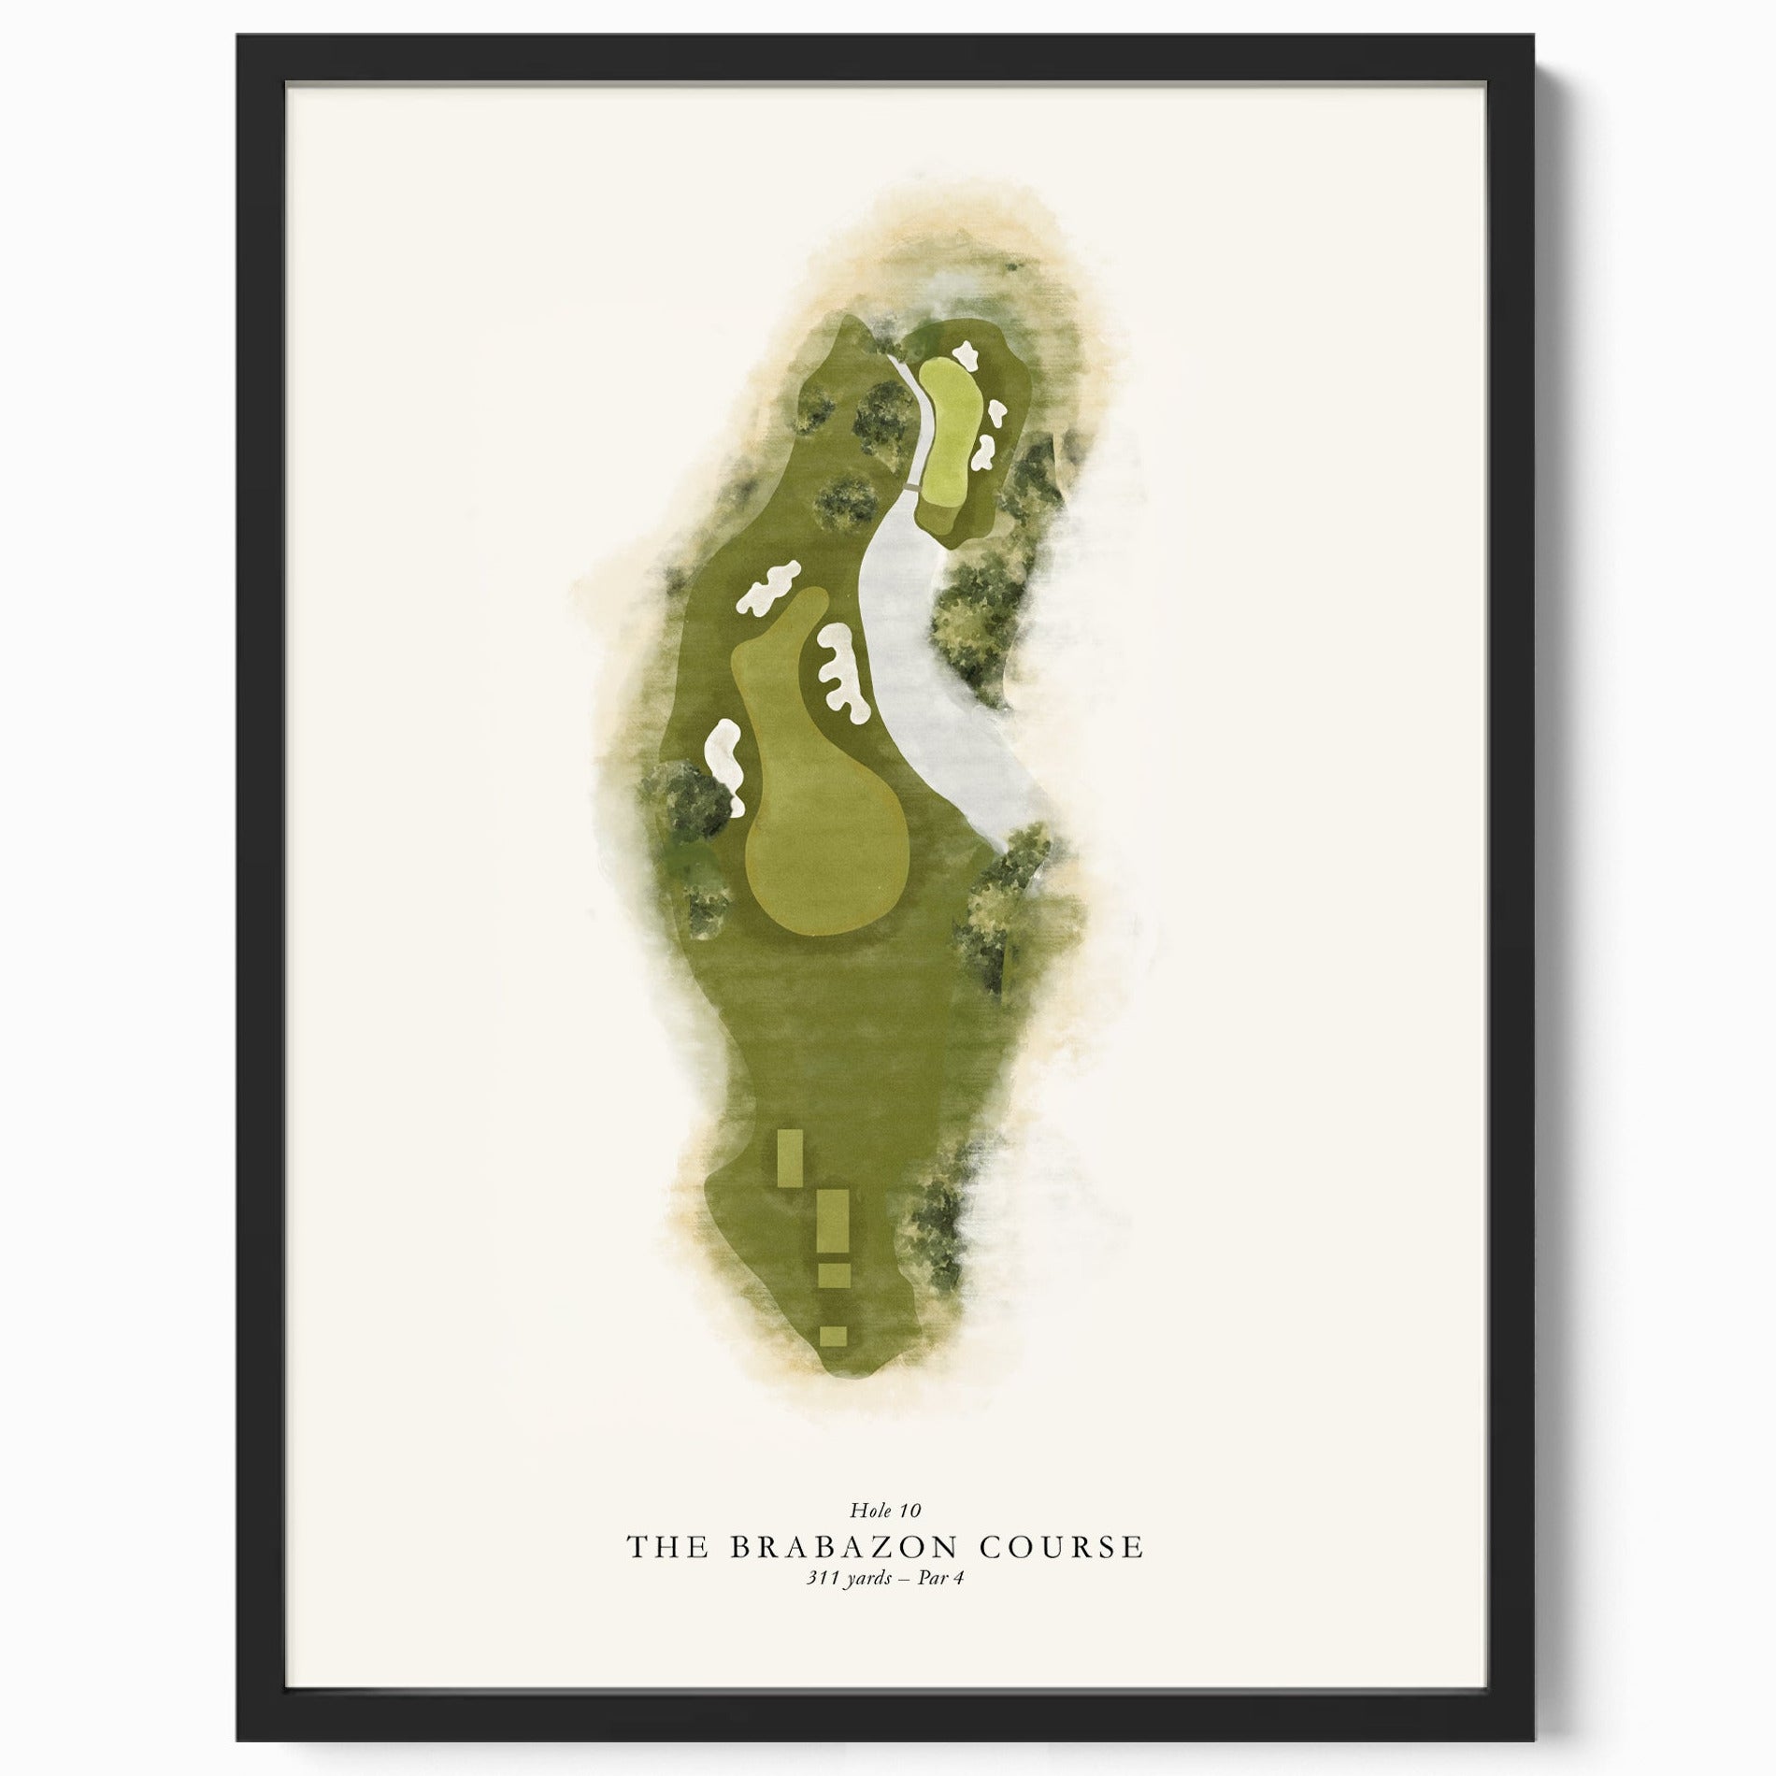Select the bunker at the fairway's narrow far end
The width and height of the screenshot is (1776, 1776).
tap(768, 586)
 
